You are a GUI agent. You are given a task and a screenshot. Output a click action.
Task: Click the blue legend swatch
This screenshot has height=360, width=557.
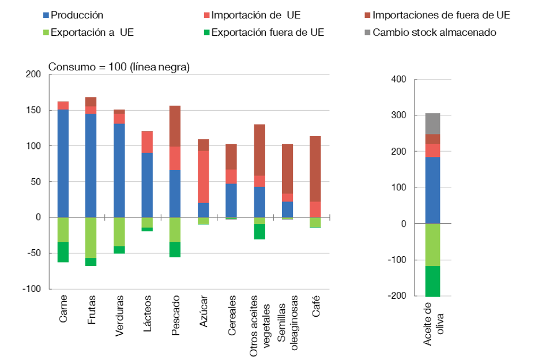(x=46, y=16)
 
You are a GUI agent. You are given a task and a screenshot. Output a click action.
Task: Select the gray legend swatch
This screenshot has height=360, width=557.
(x=367, y=33)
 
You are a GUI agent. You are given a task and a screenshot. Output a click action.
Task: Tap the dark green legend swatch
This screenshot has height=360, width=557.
(x=206, y=33)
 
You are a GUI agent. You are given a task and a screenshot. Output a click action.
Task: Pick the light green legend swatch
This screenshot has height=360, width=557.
(x=46, y=33)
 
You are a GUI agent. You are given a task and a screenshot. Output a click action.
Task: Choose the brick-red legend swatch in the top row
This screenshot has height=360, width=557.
(x=367, y=16)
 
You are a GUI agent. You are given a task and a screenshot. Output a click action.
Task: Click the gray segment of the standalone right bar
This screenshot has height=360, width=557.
(x=432, y=123)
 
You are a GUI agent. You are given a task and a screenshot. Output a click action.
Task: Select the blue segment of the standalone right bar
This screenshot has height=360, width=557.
(x=432, y=190)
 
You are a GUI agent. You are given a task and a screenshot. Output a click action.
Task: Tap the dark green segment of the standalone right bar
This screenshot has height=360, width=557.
(x=432, y=281)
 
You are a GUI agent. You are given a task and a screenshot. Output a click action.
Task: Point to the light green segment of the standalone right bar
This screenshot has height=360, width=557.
(x=432, y=245)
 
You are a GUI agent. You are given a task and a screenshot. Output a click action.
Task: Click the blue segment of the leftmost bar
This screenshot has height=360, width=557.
(x=63, y=163)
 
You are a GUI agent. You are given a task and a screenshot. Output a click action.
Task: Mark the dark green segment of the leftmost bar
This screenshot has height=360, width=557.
(x=63, y=252)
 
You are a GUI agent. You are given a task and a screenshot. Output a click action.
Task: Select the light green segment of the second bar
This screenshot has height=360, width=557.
(x=91, y=238)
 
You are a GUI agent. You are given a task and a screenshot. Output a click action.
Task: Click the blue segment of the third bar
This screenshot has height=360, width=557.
(x=119, y=170)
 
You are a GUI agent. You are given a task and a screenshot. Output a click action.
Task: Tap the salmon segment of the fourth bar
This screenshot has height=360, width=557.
(x=147, y=142)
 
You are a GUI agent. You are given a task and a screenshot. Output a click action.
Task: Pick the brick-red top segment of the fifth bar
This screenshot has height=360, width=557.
(x=175, y=126)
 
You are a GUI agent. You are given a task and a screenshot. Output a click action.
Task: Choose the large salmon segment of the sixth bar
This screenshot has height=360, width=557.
(x=204, y=177)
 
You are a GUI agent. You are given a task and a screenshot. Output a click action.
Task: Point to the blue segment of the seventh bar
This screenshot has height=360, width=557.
(x=231, y=200)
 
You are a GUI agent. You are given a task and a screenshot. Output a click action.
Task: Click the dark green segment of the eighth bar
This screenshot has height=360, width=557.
(x=259, y=231)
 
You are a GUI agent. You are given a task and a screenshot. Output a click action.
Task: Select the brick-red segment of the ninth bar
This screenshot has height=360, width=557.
(x=287, y=168)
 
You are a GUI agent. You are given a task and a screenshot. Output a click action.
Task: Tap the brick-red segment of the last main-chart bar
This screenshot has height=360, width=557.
(x=315, y=168)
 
